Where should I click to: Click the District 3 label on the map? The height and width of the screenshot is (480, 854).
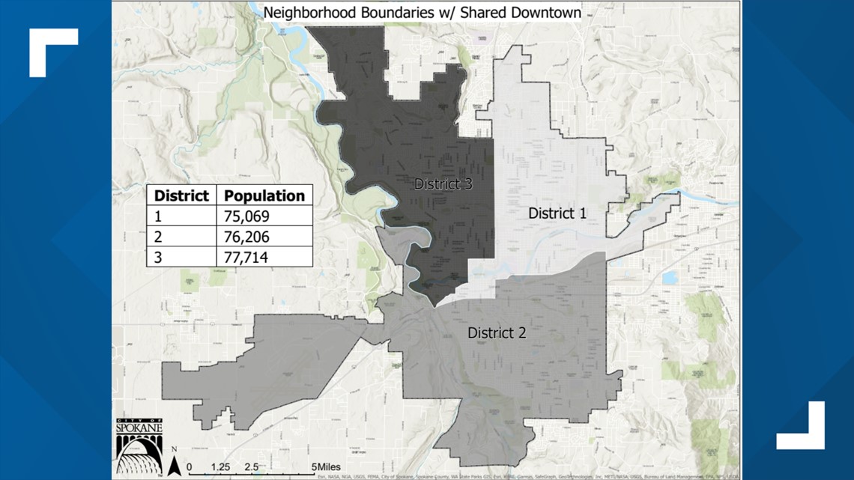[x=443, y=183]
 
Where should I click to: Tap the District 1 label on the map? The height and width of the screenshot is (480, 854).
[x=557, y=213]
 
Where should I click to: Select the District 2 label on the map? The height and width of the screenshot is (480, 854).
[x=497, y=332]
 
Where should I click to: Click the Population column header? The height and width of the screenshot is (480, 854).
[x=264, y=195]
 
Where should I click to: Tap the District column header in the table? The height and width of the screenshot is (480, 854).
[x=181, y=195]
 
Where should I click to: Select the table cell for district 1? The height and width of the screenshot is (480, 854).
[x=158, y=216]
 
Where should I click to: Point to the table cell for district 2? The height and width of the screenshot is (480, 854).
[x=158, y=237]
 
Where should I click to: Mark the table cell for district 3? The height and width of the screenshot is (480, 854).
[x=158, y=257]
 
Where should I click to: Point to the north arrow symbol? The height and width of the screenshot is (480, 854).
[x=174, y=464]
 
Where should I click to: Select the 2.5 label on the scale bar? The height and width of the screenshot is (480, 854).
[x=251, y=467]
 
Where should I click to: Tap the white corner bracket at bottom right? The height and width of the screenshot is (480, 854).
[x=802, y=427]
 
